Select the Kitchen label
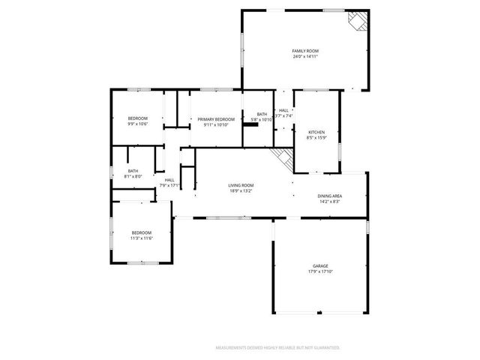point(316,131)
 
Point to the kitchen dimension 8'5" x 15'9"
point(316,137)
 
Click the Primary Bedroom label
point(216,119)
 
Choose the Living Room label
point(241,185)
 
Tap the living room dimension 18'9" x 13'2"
point(241,191)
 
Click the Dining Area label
point(330,195)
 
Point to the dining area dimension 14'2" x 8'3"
point(330,201)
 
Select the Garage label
point(320,266)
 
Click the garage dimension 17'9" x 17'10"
point(320,272)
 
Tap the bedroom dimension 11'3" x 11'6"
point(142,238)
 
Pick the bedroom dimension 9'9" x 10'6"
point(137,124)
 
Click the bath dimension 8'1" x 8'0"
point(133,176)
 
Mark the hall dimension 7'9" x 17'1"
point(169,185)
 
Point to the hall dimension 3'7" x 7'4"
point(283,116)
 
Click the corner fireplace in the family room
point(358,22)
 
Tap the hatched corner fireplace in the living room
point(283,157)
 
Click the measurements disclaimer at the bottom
point(277,348)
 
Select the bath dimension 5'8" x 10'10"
point(262,119)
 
